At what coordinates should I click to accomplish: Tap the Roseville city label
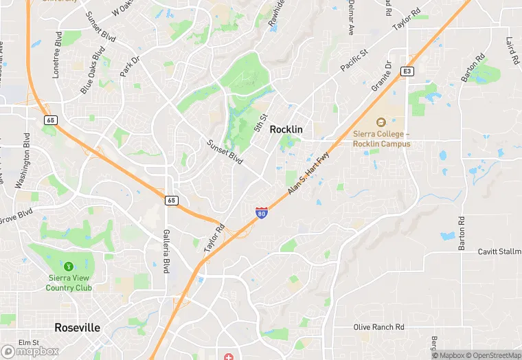77,328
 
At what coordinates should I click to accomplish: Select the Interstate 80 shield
262,213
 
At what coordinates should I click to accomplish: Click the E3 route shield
408,71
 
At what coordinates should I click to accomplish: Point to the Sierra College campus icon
381,122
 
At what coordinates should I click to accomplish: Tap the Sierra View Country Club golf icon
68,266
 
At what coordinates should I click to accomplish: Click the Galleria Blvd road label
166,251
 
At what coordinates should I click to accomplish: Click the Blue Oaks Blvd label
93,70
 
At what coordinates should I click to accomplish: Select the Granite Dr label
383,77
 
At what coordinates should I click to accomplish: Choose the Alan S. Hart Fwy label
308,171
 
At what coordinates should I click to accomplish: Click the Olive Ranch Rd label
378,327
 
